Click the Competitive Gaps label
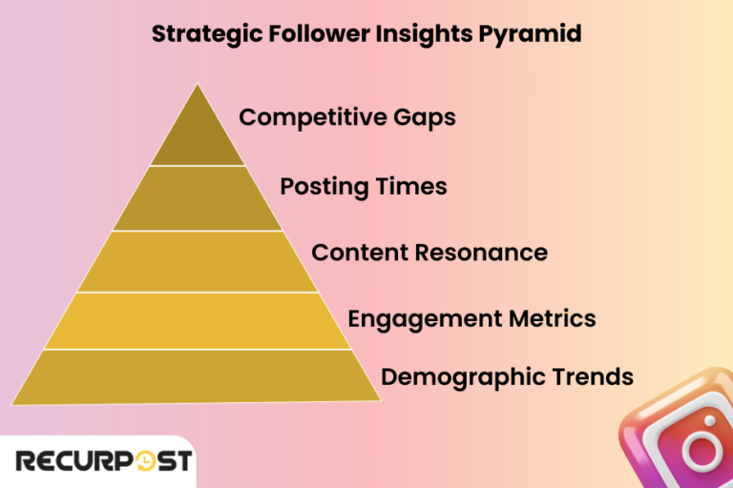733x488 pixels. pos(347,118)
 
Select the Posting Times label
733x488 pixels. pos(364,186)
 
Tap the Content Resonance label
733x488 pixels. pos(429,253)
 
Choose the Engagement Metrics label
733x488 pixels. pos(471,317)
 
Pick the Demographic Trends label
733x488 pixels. pos(507,376)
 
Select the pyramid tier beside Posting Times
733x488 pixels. pos(198,198)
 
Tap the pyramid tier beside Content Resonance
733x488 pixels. pos(198,261)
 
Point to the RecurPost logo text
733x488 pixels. pos(95,462)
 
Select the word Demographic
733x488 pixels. pos(449,376)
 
